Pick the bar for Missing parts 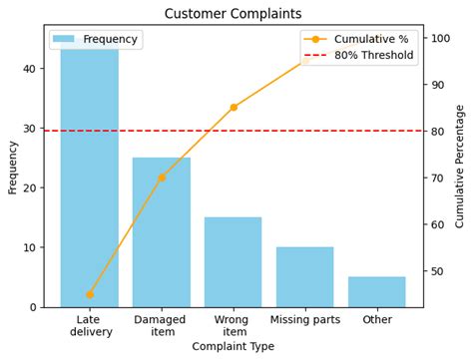[304, 276]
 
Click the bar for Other [376, 291]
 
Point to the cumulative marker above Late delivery [90, 294]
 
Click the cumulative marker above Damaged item [162, 178]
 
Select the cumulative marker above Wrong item [234, 107]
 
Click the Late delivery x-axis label [91, 326]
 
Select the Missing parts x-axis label [304, 320]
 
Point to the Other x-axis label [377, 320]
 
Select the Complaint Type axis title [233, 347]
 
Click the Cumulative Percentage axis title [460, 166]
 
